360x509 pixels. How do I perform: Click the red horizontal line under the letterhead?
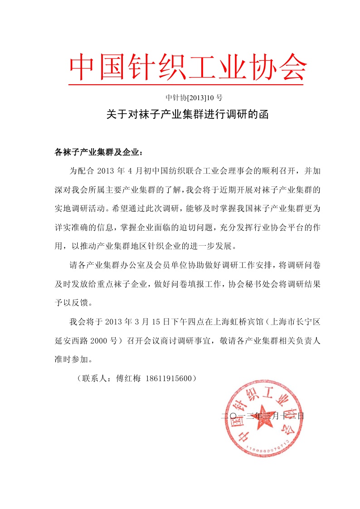185,84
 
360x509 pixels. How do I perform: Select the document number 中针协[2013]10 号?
194,97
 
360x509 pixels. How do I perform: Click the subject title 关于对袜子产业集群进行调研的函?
188,115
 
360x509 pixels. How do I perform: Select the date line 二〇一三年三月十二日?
262,415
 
